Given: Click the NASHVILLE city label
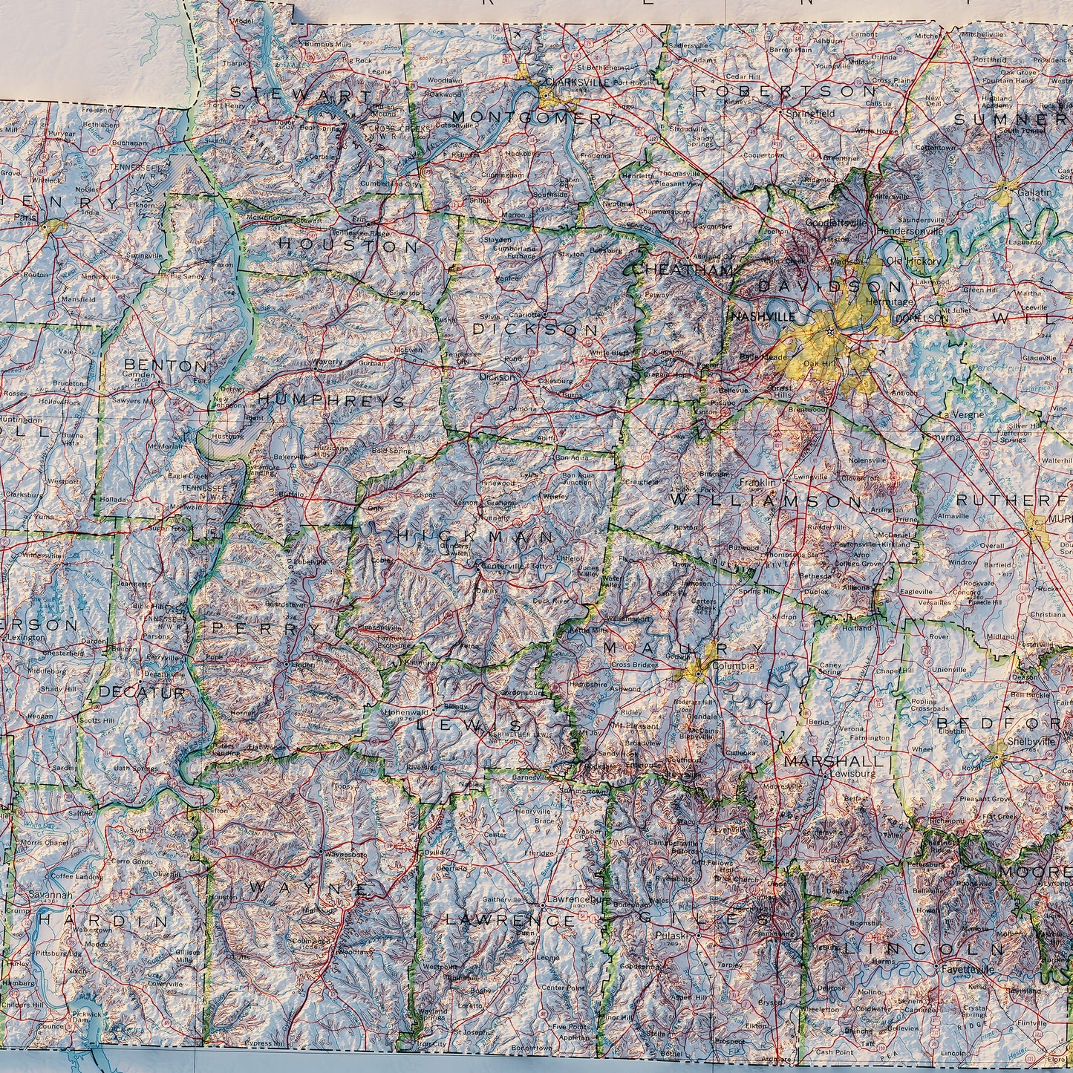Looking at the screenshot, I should tap(763, 316).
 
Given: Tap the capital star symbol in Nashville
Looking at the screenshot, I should tap(829, 331).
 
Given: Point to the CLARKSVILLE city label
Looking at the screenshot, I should tap(576, 82).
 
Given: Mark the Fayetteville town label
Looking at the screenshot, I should tap(968, 970).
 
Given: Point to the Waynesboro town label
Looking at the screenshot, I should tap(347, 855).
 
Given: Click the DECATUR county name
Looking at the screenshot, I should tap(142, 692).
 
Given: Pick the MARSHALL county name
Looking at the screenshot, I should tap(834, 761).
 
